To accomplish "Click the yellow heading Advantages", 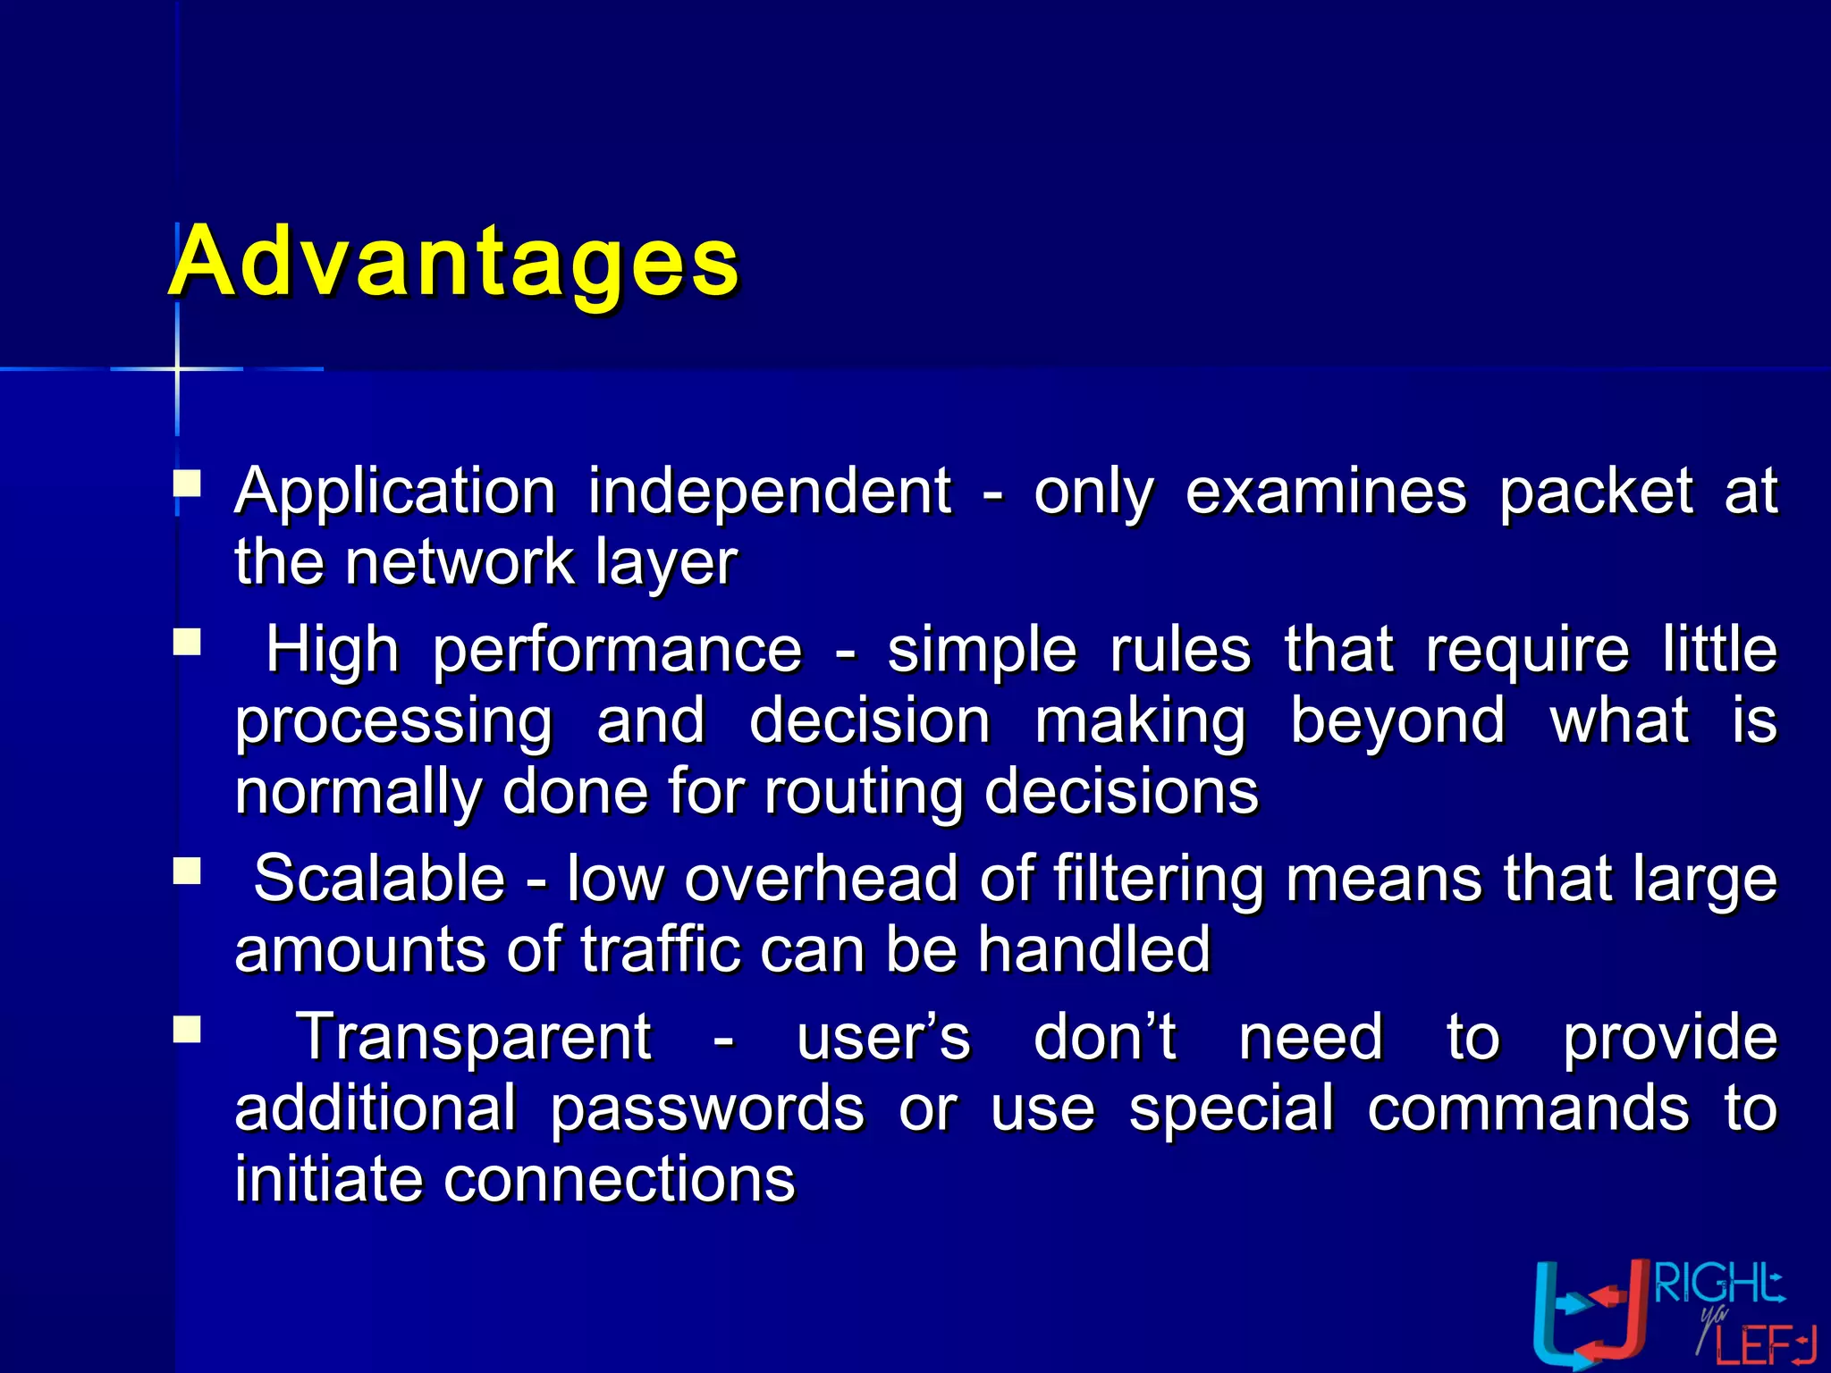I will [454, 261].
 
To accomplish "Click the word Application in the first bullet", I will [395, 492].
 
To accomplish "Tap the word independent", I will [770, 492].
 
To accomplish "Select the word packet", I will [1595, 492].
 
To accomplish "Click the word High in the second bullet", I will [333, 650].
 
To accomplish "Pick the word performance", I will [618, 652].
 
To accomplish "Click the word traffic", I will [661, 949].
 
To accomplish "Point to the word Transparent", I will [474, 1039].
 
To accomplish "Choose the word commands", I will [1528, 1108].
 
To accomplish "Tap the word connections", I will [619, 1179].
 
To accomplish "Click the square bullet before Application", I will [187, 484].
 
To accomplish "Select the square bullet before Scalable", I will [187, 871].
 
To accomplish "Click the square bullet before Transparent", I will [187, 1030].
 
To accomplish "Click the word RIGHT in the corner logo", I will [1717, 1285].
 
